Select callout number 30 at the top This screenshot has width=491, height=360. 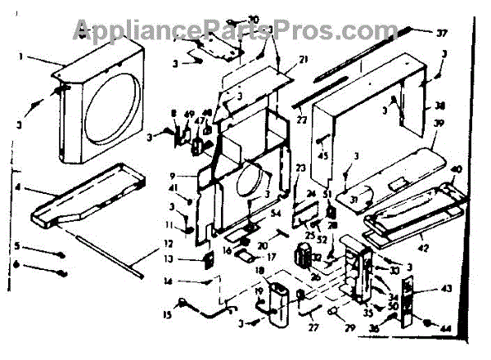253,19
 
